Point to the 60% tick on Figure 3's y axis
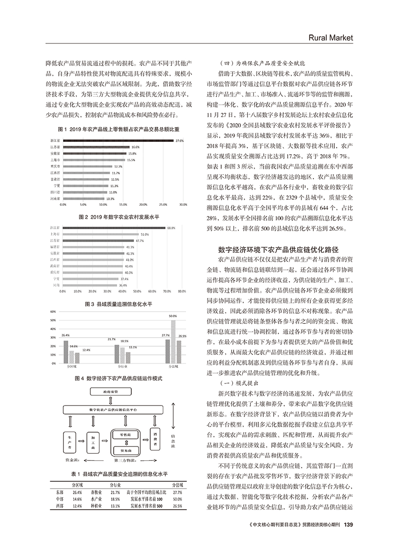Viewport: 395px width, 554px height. (x=53, y=311)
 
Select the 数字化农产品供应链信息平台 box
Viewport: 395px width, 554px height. (x=115, y=410)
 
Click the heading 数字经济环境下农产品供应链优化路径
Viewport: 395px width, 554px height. (x=278, y=249)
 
